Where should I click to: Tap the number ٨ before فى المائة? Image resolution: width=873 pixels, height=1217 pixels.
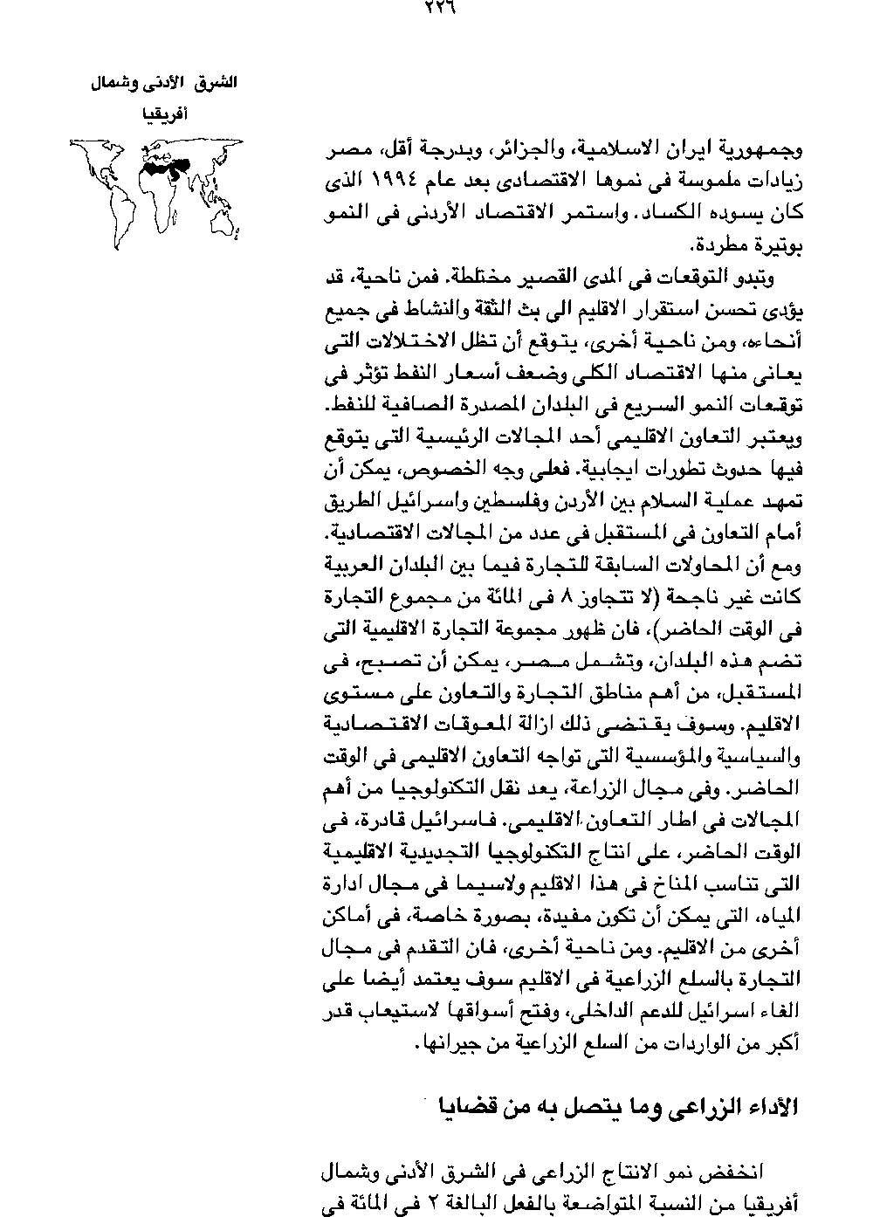tap(570, 599)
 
